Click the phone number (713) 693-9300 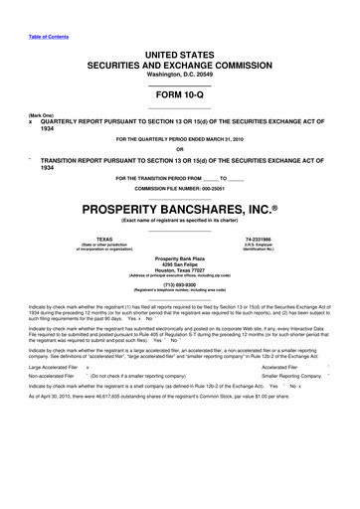[x=180, y=284]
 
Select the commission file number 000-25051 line [x=180, y=189]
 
